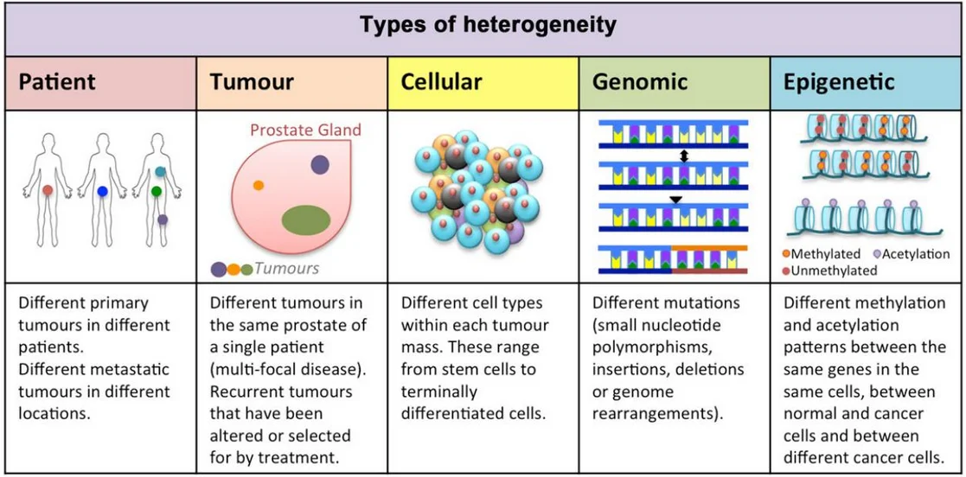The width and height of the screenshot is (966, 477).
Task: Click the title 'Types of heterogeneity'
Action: tap(488, 24)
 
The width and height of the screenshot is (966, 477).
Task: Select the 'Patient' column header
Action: tap(57, 83)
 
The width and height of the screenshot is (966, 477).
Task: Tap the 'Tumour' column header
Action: tap(252, 83)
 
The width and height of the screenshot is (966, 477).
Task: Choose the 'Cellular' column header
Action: tap(441, 83)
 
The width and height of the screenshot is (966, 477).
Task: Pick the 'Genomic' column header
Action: tap(640, 83)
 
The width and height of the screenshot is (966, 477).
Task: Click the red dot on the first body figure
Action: tap(48, 189)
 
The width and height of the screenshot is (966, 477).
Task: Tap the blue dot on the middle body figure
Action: tap(102, 192)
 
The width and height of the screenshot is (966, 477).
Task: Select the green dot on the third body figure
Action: tap(157, 191)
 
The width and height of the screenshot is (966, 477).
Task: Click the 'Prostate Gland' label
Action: tap(305, 130)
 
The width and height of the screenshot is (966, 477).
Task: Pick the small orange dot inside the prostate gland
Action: tap(258, 185)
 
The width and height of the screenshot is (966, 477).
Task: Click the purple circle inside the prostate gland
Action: tap(320, 164)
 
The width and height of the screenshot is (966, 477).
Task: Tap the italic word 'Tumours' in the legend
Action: tap(286, 269)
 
